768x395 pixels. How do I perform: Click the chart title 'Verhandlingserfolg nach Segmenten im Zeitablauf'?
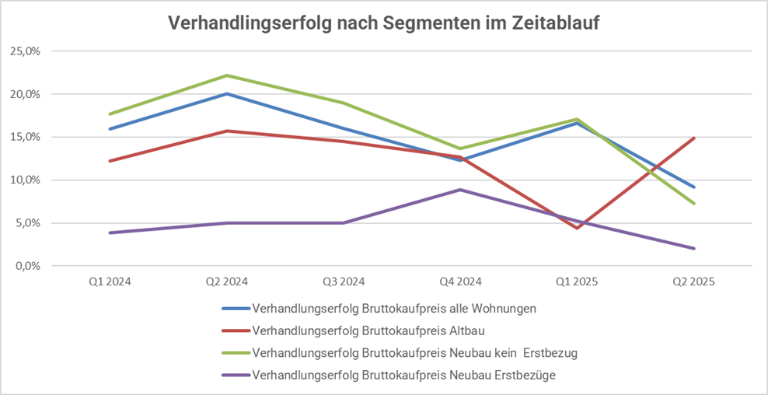pos(384,23)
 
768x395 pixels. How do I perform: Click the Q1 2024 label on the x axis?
pos(110,282)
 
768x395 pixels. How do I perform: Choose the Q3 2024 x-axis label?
pos(343,282)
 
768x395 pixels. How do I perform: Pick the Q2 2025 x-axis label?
pos(693,282)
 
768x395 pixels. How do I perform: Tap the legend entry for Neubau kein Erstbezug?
pos(414,353)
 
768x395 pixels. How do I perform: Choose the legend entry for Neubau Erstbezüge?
pos(404,376)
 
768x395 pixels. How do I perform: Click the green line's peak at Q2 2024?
pos(227,75)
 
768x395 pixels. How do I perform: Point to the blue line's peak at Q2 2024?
pos(227,94)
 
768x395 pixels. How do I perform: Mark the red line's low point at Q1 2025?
pos(577,228)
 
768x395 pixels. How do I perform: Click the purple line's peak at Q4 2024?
pos(460,190)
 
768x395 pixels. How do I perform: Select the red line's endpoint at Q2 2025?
pos(693,138)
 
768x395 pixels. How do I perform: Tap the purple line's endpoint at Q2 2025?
pos(693,249)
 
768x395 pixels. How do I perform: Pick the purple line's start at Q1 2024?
pos(110,232)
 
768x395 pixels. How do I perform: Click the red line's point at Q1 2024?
pos(110,161)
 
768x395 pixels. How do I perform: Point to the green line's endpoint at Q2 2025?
pos(693,204)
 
